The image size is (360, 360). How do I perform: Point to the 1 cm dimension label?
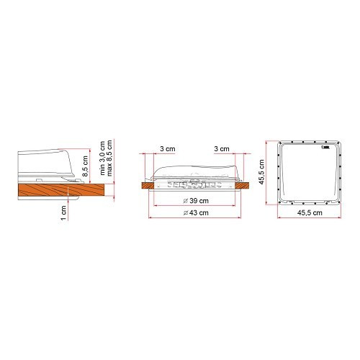pyautogui.click(x=63, y=213)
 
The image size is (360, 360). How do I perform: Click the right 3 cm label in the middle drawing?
pyautogui.click(x=222, y=149)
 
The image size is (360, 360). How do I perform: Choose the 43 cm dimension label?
pyautogui.click(x=197, y=214)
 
